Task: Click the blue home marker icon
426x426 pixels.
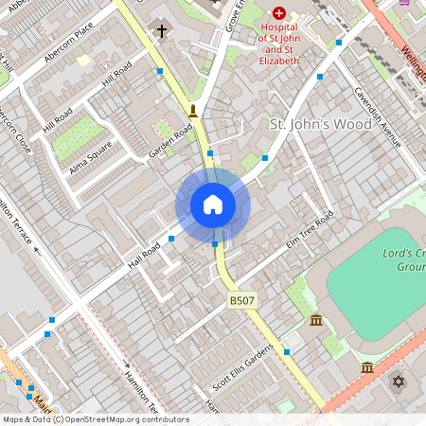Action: point(213,204)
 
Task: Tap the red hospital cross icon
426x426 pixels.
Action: point(279,14)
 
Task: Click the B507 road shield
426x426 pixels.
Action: point(240,300)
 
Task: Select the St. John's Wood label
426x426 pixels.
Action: point(308,124)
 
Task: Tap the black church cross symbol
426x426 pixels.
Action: point(161,32)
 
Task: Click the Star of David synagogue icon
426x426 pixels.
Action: point(399,382)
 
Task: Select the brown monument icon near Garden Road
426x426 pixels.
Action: point(193,111)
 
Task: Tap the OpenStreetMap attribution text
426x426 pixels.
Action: point(96,419)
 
